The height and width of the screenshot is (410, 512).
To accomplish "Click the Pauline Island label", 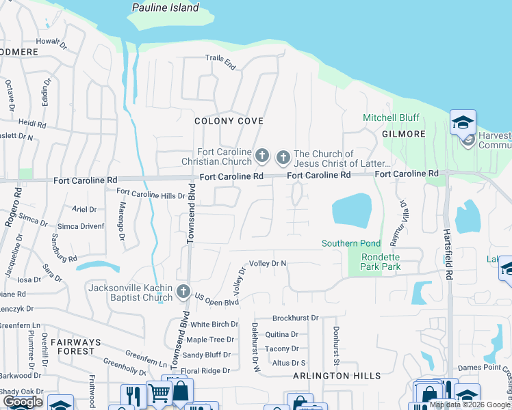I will pos(166,8).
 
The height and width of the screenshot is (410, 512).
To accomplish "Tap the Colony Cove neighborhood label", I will pos(229,121).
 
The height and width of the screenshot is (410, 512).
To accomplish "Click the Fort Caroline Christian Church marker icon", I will pos(261,157).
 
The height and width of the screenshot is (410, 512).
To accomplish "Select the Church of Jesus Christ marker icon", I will pos(283,158).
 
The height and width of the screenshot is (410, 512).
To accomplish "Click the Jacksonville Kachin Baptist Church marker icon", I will pos(183,292).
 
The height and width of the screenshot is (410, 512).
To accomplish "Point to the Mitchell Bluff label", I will pos(391,118).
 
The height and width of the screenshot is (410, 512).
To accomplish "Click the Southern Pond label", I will pos(351,243).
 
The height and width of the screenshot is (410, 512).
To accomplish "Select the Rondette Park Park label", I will pos(381,262).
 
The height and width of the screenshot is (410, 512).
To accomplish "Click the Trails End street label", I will pos(220,62).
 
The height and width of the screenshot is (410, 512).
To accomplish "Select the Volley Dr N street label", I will pos(268,263).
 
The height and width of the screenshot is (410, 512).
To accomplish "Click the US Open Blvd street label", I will pos(216,300).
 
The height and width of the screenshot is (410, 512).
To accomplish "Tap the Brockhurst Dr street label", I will pos(296,318).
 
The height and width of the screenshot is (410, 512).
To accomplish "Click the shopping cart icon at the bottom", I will pos(158,394).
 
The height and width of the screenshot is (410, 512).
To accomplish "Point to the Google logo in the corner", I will pos(23,401).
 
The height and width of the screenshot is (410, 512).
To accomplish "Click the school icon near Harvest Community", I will pos(463,123).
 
